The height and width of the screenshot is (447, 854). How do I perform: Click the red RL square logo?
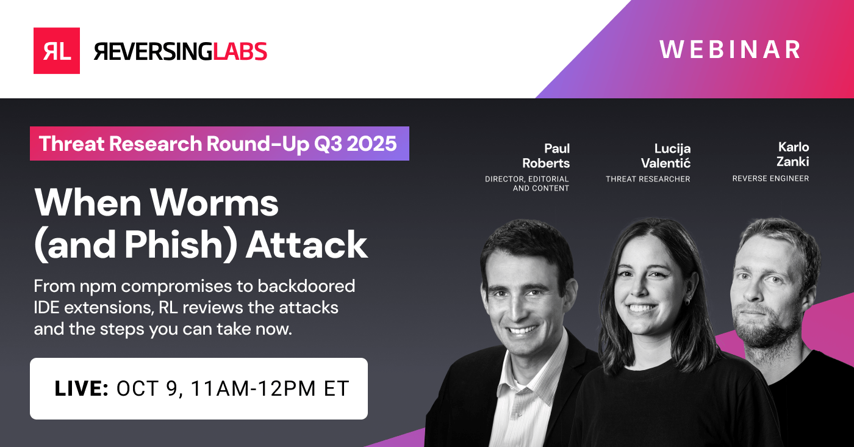click(56, 51)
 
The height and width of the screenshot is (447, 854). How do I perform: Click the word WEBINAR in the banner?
click(730, 50)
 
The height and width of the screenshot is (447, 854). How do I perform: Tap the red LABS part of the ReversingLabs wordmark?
click(240, 51)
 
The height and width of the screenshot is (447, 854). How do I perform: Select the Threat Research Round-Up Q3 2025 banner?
click(220, 144)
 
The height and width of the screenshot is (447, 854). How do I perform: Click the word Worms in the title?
click(214, 202)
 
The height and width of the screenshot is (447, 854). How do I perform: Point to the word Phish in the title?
click(173, 244)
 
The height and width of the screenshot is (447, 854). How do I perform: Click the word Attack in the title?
click(307, 244)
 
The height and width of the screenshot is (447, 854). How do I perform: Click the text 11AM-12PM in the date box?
click(253, 388)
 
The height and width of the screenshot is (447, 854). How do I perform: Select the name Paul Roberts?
click(546, 156)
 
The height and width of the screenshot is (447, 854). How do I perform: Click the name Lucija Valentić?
click(666, 156)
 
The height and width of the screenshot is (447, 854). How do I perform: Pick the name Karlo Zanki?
click(793, 154)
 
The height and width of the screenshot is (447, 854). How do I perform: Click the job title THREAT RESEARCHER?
click(648, 179)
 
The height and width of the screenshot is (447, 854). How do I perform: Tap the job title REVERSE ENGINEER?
click(770, 178)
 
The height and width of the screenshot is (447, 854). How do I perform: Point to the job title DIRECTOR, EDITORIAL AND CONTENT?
click(527, 184)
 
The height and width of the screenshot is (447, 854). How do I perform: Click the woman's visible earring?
click(687, 302)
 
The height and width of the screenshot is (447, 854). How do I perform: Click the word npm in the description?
click(98, 287)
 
